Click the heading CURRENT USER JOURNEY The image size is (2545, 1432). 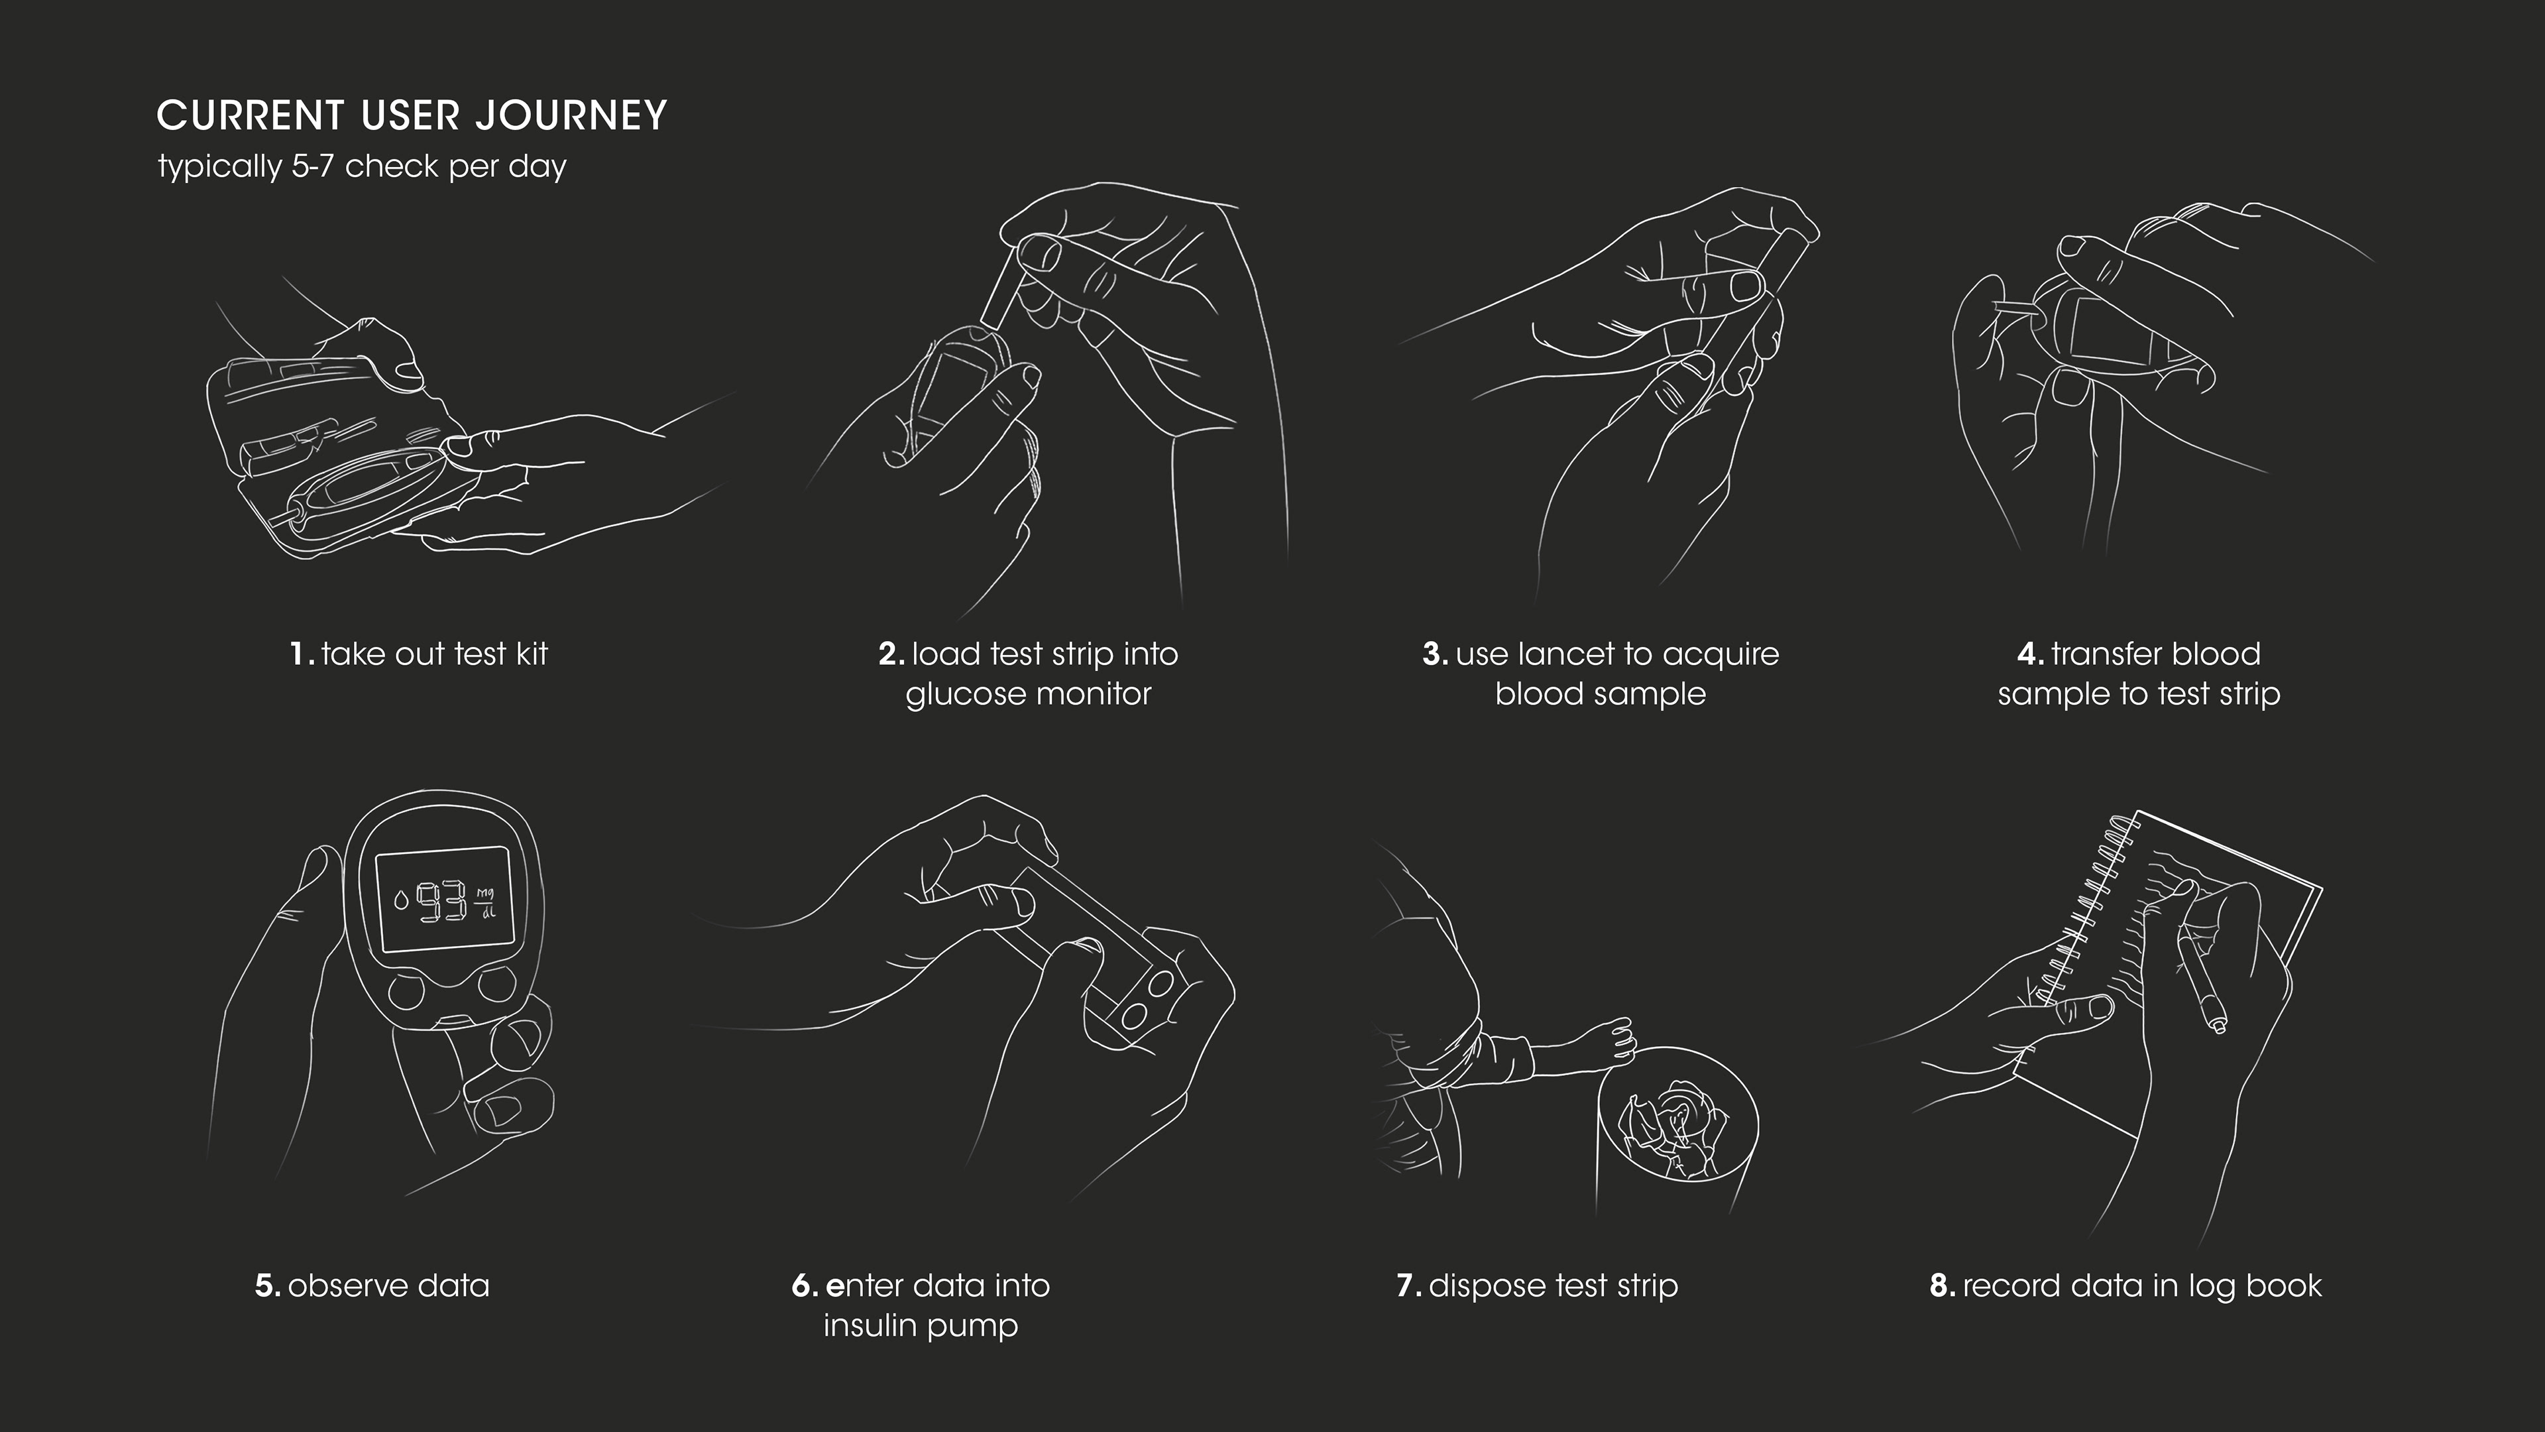coord(412,115)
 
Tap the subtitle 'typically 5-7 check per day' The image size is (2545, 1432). coord(362,166)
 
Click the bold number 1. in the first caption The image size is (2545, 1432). coord(302,654)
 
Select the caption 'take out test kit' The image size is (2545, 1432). coord(433,654)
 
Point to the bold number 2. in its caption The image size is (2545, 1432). coord(891,654)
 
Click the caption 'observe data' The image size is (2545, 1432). coord(388,1285)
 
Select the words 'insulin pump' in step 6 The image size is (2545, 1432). coord(921,1326)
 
